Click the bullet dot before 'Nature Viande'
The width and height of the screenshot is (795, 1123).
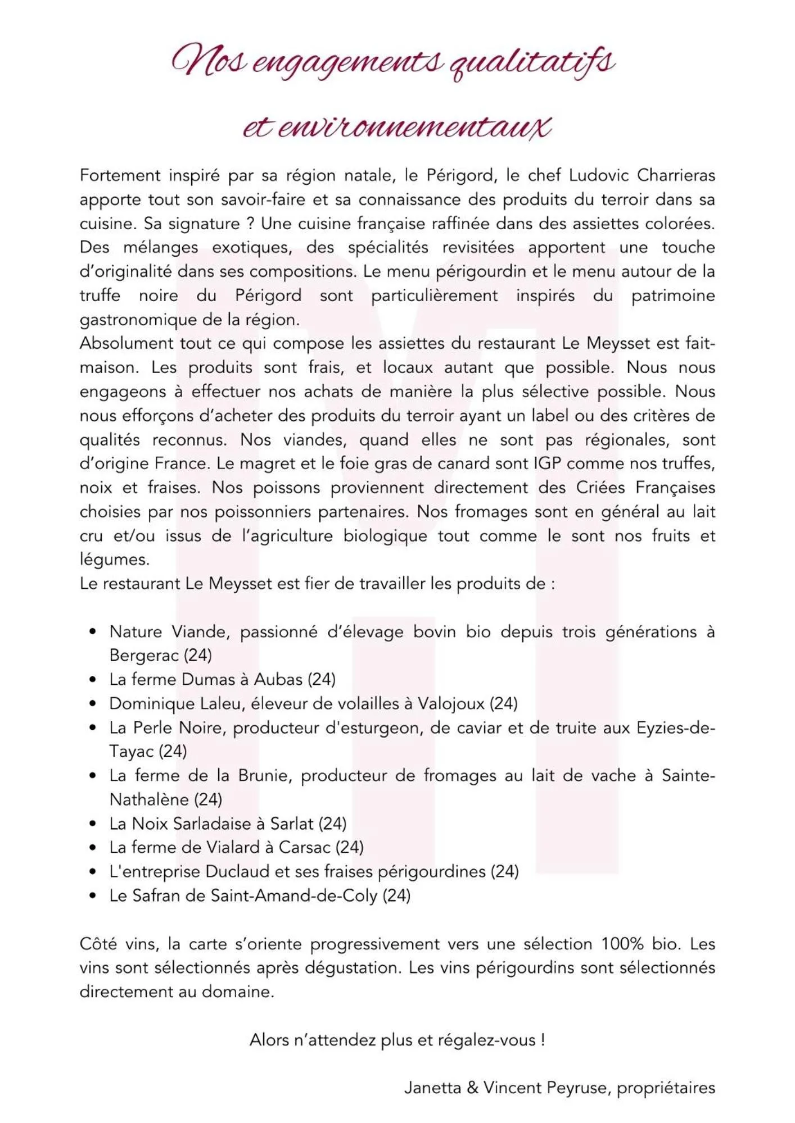(93, 632)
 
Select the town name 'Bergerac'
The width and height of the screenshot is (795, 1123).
(144, 656)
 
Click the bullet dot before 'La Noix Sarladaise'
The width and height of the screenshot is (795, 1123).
(93, 824)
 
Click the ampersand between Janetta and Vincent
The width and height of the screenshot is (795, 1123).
(472, 1088)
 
